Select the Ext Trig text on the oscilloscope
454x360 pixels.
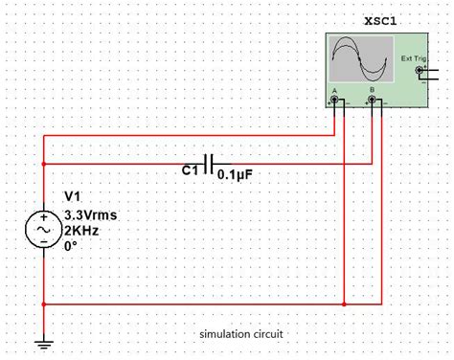tap(412, 59)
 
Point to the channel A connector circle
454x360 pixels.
tap(335, 98)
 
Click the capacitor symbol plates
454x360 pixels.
tap(208, 163)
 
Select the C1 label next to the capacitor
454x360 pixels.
tap(190, 171)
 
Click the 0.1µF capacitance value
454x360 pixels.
tap(235, 174)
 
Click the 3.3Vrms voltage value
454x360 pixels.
tap(93, 214)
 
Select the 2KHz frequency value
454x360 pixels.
tap(81, 231)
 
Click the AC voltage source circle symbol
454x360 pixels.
tap(44, 232)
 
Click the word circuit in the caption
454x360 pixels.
tap(269, 334)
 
